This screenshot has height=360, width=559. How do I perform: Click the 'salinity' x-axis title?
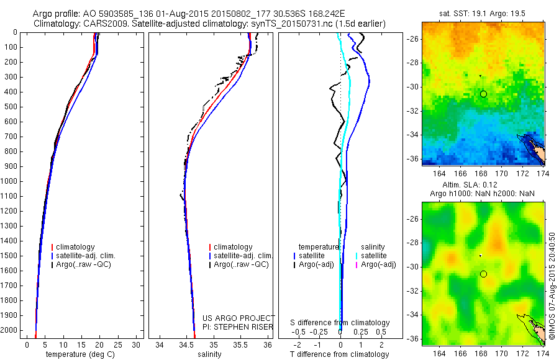(x=214, y=354)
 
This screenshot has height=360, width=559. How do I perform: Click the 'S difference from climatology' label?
(x=340, y=323)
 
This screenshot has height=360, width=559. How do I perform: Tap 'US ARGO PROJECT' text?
(x=239, y=318)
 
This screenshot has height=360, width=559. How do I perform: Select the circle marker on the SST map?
(x=483, y=94)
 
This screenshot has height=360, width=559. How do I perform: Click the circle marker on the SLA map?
(x=483, y=274)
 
